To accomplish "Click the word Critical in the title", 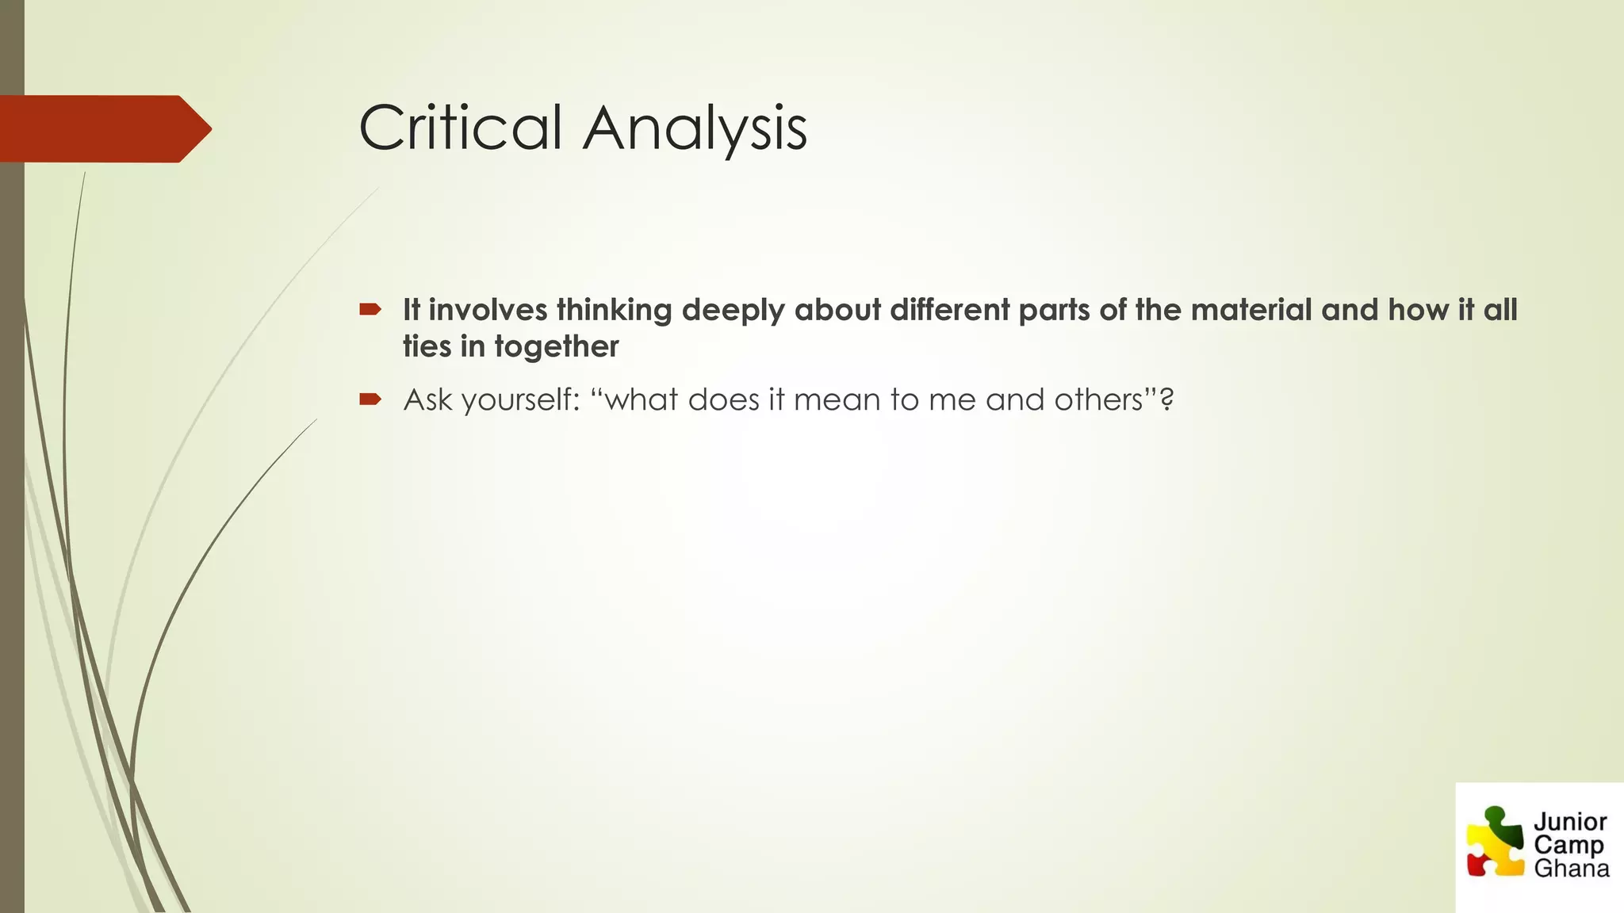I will [x=460, y=128].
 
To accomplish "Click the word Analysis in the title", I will [x=695, y=128].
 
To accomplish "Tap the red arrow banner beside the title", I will [x=103, y=128].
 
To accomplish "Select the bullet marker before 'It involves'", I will [x=370, y=309].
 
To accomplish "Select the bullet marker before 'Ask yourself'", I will [x=370, y=399].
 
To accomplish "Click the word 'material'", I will [x=1251, y=310].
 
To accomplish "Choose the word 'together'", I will [x=556, y=347].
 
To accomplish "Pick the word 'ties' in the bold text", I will [x=427, y=346].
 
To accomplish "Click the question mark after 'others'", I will [x=1166, y=399].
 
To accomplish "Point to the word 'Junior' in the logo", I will [x=1569, y=822].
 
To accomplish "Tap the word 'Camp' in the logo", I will [x=1568, y=845].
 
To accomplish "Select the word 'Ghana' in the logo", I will [x=1571, y=869].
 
